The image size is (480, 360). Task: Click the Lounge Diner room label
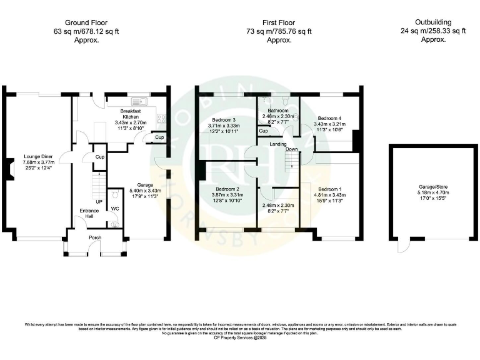point(38,156)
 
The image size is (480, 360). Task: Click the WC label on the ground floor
point(114,209)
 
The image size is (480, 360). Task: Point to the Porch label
point(95,237)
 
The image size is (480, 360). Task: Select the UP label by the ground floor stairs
point(99,202)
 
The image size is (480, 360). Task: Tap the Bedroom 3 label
point(222,120)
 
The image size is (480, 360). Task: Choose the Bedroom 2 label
point(228,189)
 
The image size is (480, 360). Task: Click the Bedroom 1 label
point(330,189)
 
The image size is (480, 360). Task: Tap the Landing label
point(278,144)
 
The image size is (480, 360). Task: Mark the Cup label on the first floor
point(264,131)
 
